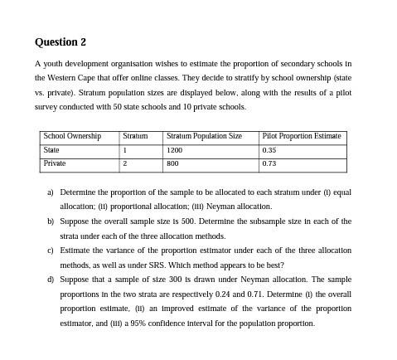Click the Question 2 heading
61,42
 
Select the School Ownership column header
72,136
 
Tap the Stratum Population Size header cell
204,136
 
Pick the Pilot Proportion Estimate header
301,136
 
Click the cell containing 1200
174,150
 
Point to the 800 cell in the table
172,163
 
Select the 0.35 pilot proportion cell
269,150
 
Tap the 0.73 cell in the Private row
269,163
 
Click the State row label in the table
51,150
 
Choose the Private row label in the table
54,163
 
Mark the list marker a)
51,192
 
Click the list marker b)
51,221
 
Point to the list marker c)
51,250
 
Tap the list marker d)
51,280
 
